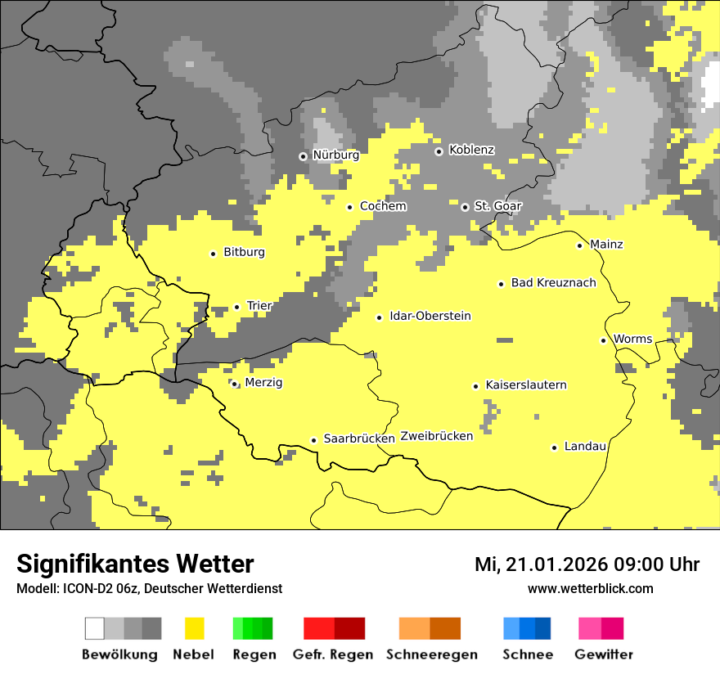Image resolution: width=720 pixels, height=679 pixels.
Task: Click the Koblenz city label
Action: click(x=471, y=150)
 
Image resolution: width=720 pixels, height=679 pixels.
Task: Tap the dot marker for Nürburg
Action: click(x=303, y=155)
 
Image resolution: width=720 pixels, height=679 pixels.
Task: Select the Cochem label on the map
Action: click(x=382, y=206)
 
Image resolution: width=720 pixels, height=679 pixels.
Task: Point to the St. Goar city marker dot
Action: click(x=465, y=207)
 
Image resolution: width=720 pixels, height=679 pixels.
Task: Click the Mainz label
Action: click(x=606, y=245)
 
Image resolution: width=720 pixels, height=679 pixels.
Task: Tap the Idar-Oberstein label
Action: click(x=430, y=317)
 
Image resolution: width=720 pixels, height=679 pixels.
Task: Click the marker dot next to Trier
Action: click(x=236, y=307)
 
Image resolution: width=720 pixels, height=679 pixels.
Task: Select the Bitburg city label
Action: click(x=244, y=253)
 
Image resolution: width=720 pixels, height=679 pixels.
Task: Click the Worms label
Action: click(x=632, y=339)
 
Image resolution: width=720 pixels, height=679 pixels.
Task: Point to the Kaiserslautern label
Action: click(x=525, y=385)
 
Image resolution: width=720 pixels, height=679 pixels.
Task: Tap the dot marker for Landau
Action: click(x=554, y=447)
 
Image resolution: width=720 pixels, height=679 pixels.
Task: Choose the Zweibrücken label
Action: click(x=436, y=436)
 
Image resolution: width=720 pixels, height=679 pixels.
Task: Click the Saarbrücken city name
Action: click(x=359, y=438)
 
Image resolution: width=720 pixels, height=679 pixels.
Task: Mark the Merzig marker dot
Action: click(x=234, y=384)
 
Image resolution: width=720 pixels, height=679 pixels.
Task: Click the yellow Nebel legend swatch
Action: click(x=194, y=628)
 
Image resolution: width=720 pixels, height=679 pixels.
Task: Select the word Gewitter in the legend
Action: click(x=603, y=654)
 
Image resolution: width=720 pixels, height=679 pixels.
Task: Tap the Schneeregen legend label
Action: click(x=431, y=654)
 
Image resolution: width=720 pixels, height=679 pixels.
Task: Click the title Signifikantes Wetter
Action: click(x=135, y=564)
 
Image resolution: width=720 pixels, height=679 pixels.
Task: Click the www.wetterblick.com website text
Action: click(x=590, y=588)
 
